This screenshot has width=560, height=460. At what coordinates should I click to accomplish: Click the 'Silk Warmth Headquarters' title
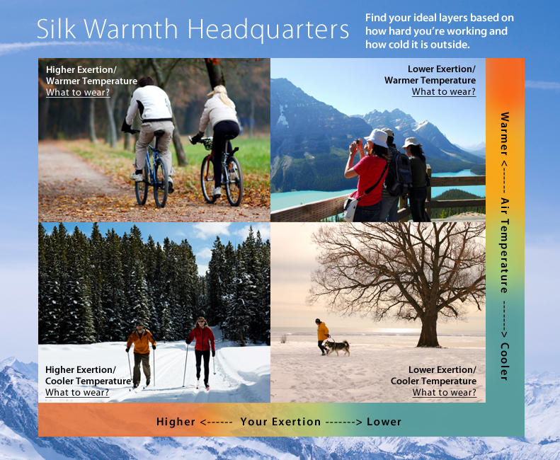[x=193, y=30]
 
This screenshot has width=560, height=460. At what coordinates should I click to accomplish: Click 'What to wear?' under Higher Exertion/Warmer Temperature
[x=78, y=92]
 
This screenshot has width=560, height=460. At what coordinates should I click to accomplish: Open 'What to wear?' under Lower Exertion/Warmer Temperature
[x=444, y=92]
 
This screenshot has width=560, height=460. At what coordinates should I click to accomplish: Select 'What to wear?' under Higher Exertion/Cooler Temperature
[x=77, y=393]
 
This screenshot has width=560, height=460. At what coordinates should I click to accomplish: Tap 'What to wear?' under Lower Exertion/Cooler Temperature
[x=444, y=393]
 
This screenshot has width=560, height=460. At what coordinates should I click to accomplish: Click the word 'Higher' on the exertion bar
[x=176, y=422]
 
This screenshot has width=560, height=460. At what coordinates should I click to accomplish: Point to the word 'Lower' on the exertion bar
[x=384, y=422]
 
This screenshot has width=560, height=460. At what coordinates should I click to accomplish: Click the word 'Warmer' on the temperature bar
[x=505, y=134]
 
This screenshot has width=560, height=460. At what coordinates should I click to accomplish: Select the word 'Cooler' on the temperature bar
[x=505, y=361]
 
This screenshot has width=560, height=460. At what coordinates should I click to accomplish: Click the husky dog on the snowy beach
[x=338, y=347]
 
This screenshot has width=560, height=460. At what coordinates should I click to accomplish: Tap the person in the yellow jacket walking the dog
[x=323, y=334]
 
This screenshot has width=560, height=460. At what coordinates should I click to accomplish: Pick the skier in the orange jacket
[x=142, y=350]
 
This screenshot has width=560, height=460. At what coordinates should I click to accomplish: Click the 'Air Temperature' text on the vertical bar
[x=505, y=245]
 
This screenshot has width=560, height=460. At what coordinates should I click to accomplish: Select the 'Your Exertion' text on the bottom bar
[x=280, y=422]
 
